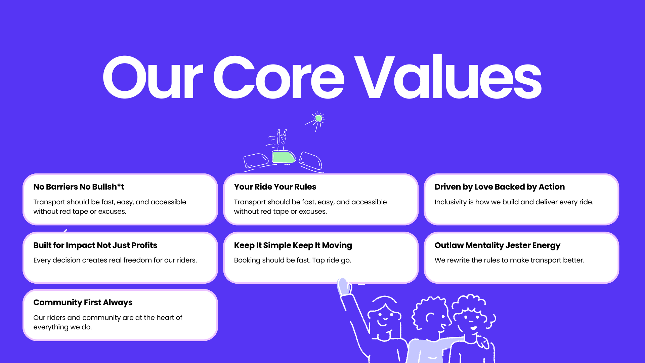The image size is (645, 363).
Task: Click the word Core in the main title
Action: [279, 77]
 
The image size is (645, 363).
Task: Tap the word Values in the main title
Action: [448, 77]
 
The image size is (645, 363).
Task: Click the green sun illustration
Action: [318, 118]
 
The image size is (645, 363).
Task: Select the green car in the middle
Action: [284, 157]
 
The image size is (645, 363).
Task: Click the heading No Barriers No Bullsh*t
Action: [79, 187]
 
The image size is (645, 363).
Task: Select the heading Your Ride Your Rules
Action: [275, 187]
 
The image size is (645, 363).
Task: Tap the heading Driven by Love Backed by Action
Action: [500, 187]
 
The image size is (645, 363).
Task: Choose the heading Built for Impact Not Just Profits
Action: [95, 245]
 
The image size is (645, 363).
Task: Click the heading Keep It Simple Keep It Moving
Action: [293, 245]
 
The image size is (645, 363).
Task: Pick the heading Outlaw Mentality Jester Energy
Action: [498, 245]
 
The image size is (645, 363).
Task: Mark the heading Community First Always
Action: [83, 302]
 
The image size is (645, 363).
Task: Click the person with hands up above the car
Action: [282, 140]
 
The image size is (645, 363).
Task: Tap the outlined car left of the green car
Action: [256, 160]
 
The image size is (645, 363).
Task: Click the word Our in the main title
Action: [153, 77]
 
